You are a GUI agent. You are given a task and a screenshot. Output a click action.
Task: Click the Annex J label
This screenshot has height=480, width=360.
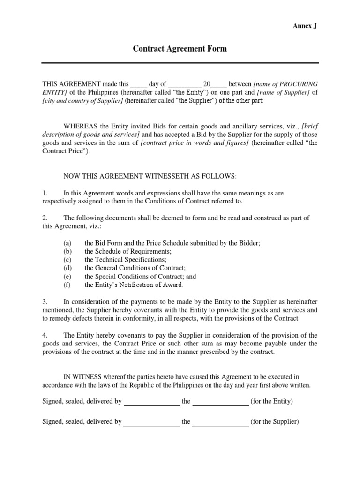click(x=305, y=26)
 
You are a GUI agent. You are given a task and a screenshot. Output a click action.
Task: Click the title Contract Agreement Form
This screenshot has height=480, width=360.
click(x=180, y=49)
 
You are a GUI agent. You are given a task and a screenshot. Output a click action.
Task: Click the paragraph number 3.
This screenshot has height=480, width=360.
click(x=45, y=302)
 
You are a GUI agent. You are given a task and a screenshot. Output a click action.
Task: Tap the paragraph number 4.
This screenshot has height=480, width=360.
click(x=45, y=335)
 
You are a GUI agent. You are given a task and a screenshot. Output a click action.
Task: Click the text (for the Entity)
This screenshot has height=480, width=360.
click(x=272, y=401)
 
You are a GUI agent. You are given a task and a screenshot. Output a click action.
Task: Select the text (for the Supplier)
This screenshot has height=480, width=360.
click(x=274, y=421)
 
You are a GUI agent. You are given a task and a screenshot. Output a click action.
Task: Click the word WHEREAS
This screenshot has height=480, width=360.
click(x=80, y=126)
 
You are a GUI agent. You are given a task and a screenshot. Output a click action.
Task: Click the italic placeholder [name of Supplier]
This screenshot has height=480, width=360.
click(x=284, y=93)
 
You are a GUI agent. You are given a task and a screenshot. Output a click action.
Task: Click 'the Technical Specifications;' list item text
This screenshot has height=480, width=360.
click(x=125, y=259)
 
